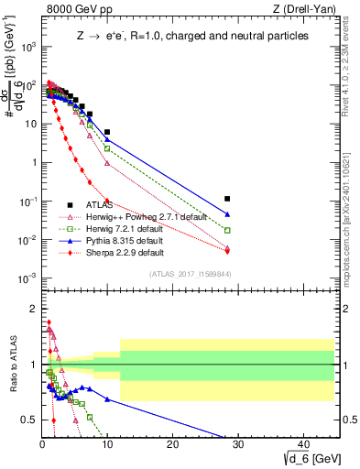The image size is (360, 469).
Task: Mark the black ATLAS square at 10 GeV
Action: point(107,132)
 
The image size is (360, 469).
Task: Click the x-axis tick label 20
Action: point(173,444)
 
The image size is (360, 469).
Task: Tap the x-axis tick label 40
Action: point(304,444)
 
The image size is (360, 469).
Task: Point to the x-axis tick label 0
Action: point(42,444)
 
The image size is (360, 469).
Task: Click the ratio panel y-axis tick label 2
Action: point(32,308)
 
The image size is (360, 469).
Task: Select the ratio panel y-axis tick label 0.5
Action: point(28,420)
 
